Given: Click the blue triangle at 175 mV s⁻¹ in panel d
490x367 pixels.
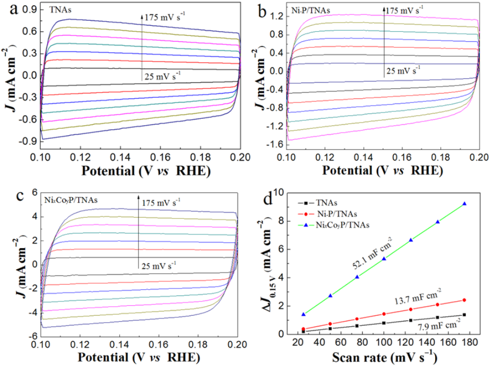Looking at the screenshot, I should click(x=464, y=204).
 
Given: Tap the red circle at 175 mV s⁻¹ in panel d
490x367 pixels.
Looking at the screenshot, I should click(x=464, y=300).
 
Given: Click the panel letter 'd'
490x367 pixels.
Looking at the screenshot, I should click(x=268, y=199).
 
